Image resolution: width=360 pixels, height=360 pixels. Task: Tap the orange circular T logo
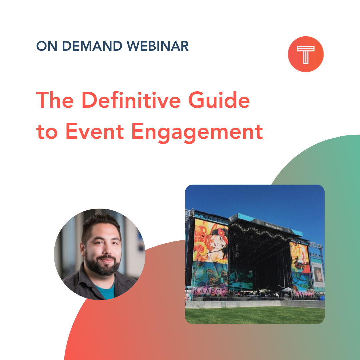(x=306, y=54)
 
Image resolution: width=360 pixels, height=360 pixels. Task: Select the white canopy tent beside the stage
(x=287, y=290)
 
